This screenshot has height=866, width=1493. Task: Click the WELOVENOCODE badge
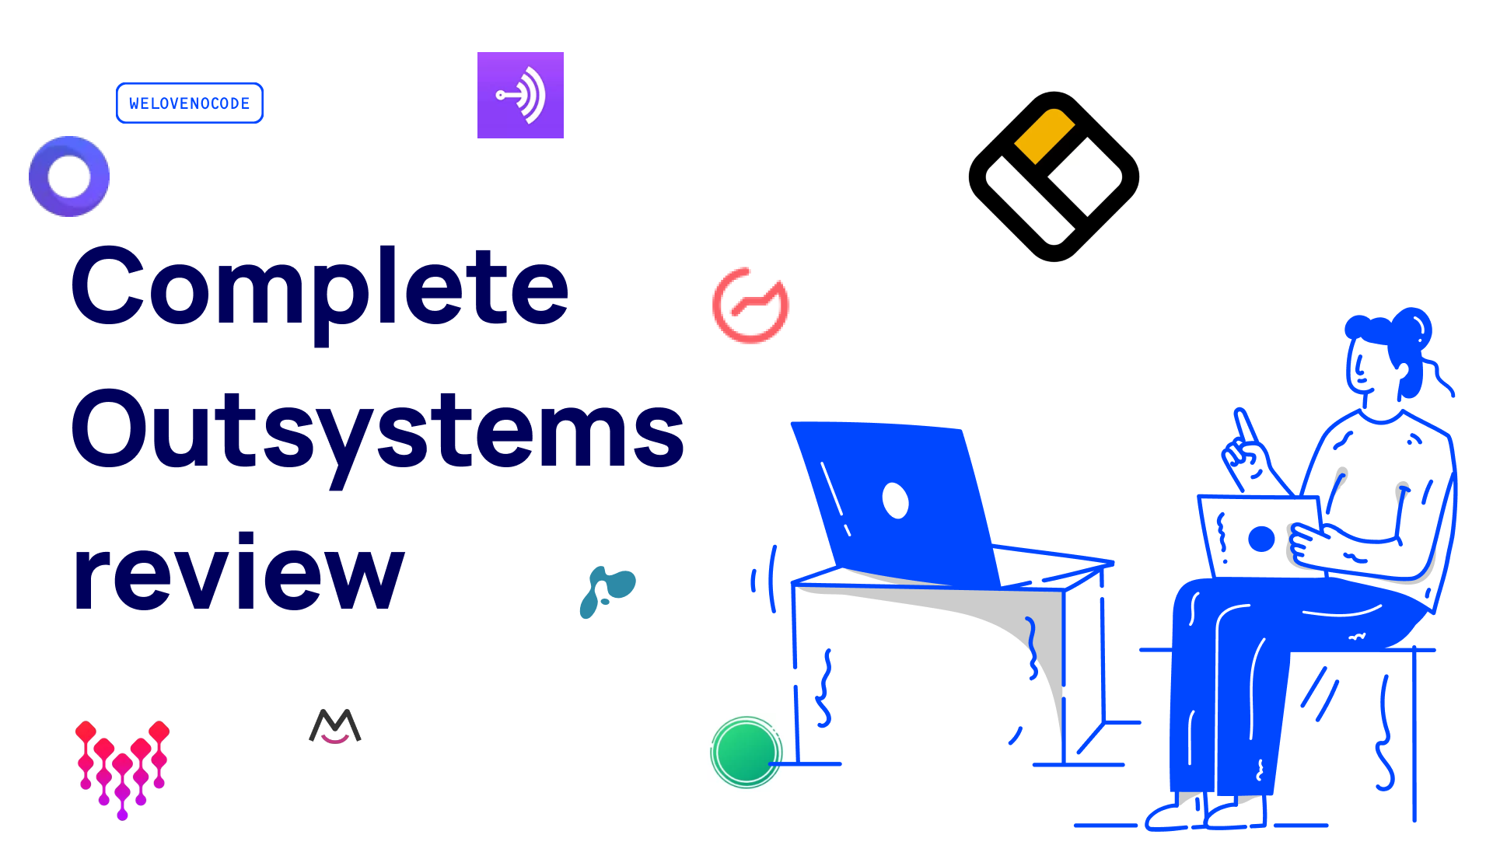click(x=190, y=103)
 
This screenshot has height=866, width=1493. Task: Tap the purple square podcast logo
click(x=520, y=95)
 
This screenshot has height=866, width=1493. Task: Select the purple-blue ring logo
click(x=69, y=176)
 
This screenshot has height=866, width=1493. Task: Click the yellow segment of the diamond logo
click(x=1044, y=135)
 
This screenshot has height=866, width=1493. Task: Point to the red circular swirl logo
click(x=750, y=306)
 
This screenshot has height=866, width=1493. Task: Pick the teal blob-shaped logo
click(x=607, y=592)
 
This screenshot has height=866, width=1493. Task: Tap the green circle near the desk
click(x=746, y=752)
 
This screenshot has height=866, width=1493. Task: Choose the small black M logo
click(x=335, y=726)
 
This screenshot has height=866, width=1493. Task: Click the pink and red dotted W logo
click(x=122, y=766)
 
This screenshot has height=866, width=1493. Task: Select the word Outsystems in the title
click(x=377, y=432)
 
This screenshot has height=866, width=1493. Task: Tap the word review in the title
click(x=238, y=575)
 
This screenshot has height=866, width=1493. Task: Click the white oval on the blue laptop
click(x=895, y=500)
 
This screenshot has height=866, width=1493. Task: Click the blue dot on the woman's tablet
click(x=1260, y=538)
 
